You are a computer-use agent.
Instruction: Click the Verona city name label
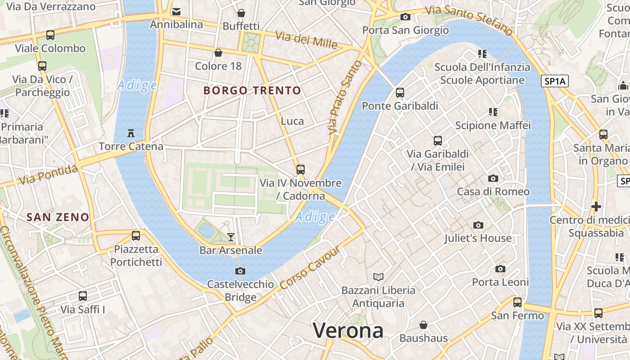pyautogui.click(x=348, y=331)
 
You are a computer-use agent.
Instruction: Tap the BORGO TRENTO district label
pyautogui.click(x=252, y=90)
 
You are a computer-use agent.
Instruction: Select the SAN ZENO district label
pyautogui.click(x=58, y=217)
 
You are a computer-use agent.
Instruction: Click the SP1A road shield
pyautogui.click(x=554, y=81)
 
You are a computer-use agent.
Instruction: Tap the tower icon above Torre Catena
pyautogui.click(x=131, y=133)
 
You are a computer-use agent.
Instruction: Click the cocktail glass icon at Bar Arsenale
pyautogui.click(x=231, y=237)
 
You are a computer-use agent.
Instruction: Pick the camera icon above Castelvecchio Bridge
pyautogui.click(x=240, y=271)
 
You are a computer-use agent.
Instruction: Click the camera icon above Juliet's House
pyautogui.click(x=478, y=225)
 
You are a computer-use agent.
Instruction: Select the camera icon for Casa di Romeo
pyautogui.click(x=493, y=179)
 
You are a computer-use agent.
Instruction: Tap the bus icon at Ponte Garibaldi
pyautogui.click(x=400, y=93)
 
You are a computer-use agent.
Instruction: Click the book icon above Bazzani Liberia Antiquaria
pyautogui.click(x=378, y=277)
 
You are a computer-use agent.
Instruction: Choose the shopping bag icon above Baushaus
pyautogui.click(x=423, y=325)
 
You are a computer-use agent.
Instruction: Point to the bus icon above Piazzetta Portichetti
pyautogui.click(x=136, y=235)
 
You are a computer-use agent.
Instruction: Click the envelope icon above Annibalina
pyautogui.click(x=176, y=11)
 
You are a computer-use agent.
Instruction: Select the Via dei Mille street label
pyautogui.click(x=306, y=40)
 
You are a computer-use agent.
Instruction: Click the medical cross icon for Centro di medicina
pyautogui.click(x=596, y=207)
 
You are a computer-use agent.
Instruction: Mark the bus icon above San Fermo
pyautogui.click(x=517, y=302)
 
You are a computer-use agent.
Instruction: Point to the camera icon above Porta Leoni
pyautogui.click(x=500, y=269)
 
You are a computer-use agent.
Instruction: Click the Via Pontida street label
pyautogui.click(x=49, y=174)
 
